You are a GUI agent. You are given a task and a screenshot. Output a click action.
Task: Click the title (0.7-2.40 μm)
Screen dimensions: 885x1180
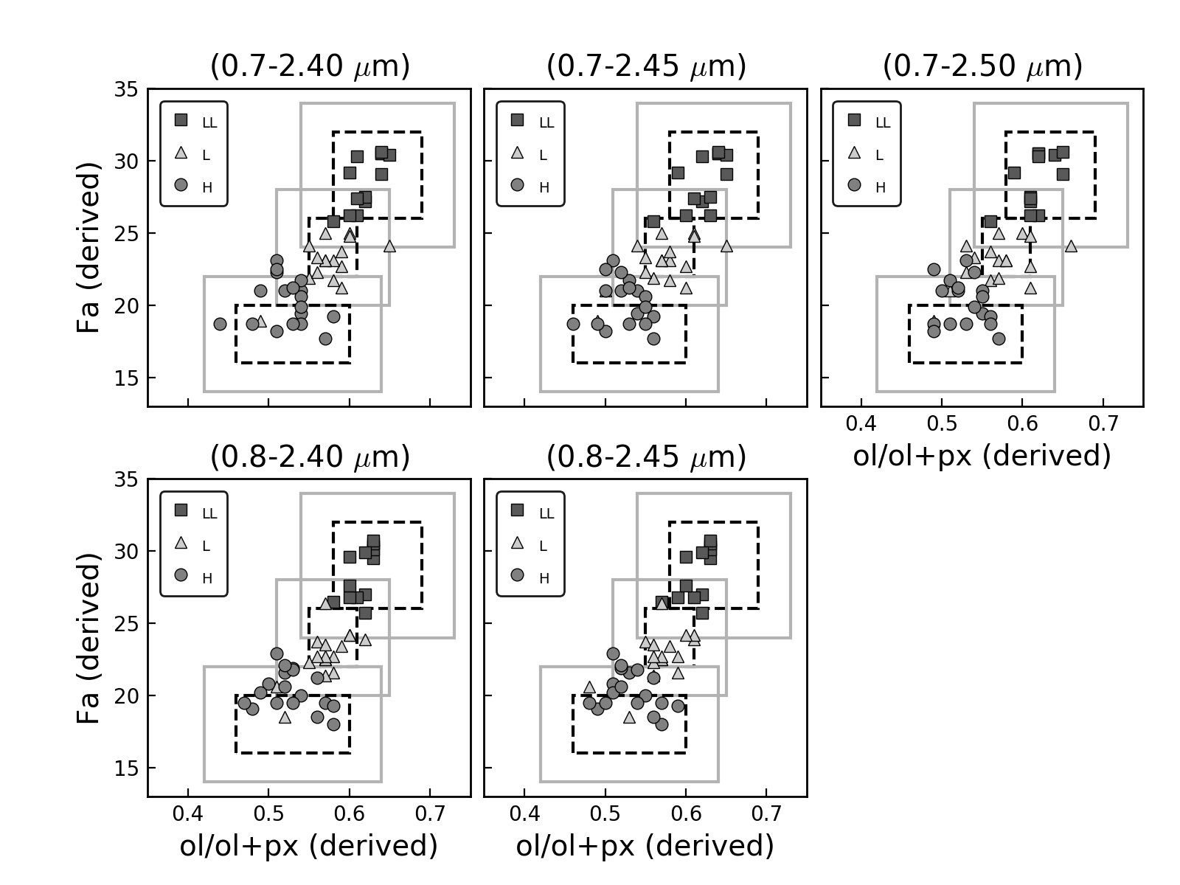click(x=310, y=66)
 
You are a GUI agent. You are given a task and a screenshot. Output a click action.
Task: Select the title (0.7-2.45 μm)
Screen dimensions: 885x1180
click(x=646, y=66)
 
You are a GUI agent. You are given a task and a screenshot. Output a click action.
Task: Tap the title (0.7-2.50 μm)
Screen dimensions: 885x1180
click(x=982, y=66)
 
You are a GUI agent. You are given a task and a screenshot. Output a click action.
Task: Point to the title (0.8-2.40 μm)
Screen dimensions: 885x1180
click(x=310, y=457)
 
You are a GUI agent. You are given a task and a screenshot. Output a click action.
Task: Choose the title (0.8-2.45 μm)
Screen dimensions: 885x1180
click(x=646, y=457)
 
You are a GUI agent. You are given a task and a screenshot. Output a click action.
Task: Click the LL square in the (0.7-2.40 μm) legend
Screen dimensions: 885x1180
click(x=181, y=120)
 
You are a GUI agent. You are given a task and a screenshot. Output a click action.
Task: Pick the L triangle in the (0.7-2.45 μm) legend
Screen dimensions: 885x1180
click(x=517, y=153)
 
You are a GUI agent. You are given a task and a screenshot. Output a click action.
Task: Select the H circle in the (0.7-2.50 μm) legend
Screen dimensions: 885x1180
click(x=854, y=184)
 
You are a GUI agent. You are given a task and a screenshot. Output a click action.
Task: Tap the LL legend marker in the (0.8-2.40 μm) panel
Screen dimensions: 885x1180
click(x=181, y=510)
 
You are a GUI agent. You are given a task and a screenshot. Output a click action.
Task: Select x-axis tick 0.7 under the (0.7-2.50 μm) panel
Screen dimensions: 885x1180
click(x=1103, y=426)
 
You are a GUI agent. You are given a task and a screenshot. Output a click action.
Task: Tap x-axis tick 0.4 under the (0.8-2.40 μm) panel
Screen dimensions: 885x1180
click(x=188, y=816)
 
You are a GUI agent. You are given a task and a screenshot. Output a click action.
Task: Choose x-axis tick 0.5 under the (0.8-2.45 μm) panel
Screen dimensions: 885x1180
click(x=605, y=816)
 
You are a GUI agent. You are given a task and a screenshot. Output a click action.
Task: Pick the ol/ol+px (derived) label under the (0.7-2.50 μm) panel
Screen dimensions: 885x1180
click(x=982, y=456)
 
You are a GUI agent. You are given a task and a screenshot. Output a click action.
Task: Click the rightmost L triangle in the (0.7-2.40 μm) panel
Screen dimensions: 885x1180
click(x=389, y=246)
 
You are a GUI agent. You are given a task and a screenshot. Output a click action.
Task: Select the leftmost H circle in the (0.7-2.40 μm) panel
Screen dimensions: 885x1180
click(x=220, y=324)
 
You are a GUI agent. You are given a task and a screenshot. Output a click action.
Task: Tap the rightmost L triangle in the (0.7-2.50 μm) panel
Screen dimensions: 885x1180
click(x=1071, y=246)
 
